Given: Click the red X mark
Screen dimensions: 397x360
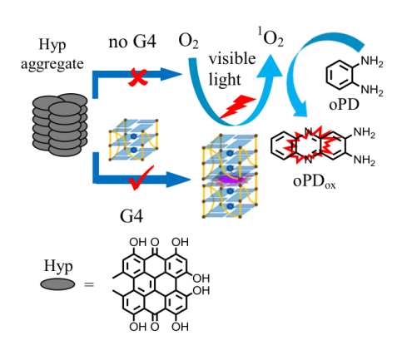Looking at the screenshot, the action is pos(138,77).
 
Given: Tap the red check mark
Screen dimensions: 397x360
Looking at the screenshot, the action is pos(140,179).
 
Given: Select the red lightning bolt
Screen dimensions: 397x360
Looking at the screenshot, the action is pos(237,107).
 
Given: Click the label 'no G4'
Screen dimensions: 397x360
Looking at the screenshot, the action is pos(132,42).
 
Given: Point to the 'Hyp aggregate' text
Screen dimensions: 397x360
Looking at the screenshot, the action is pos(52,55).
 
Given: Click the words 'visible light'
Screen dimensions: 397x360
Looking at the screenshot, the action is pos(232,69).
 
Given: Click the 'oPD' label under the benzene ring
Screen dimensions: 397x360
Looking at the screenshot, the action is pos(344,105).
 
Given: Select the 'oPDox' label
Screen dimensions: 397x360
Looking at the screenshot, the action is pos(314,182).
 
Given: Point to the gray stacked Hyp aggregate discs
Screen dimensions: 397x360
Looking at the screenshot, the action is pos(60,125).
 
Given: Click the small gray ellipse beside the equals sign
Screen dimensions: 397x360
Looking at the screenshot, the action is pos(57,284).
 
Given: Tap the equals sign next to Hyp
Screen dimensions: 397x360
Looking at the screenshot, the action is pos(89,284).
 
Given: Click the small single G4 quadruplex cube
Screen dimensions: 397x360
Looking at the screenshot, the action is pos(134,140).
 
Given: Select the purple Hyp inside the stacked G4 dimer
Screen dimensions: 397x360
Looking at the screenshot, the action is pos(231,180).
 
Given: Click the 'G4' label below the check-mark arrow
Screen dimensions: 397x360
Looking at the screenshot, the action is pos(132,216).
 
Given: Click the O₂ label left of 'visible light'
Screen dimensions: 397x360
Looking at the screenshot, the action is pos(188,42).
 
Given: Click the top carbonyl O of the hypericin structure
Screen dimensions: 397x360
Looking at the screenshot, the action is pos(155,242).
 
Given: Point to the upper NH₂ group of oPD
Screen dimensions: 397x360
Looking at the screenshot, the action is pos(372,62).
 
